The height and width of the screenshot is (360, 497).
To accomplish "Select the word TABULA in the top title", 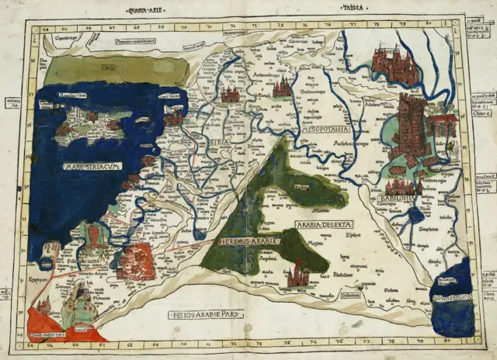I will (355, 9).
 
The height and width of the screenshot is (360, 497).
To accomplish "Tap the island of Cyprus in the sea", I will (96, 125).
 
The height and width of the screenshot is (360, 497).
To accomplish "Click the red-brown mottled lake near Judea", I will (137, 261).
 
